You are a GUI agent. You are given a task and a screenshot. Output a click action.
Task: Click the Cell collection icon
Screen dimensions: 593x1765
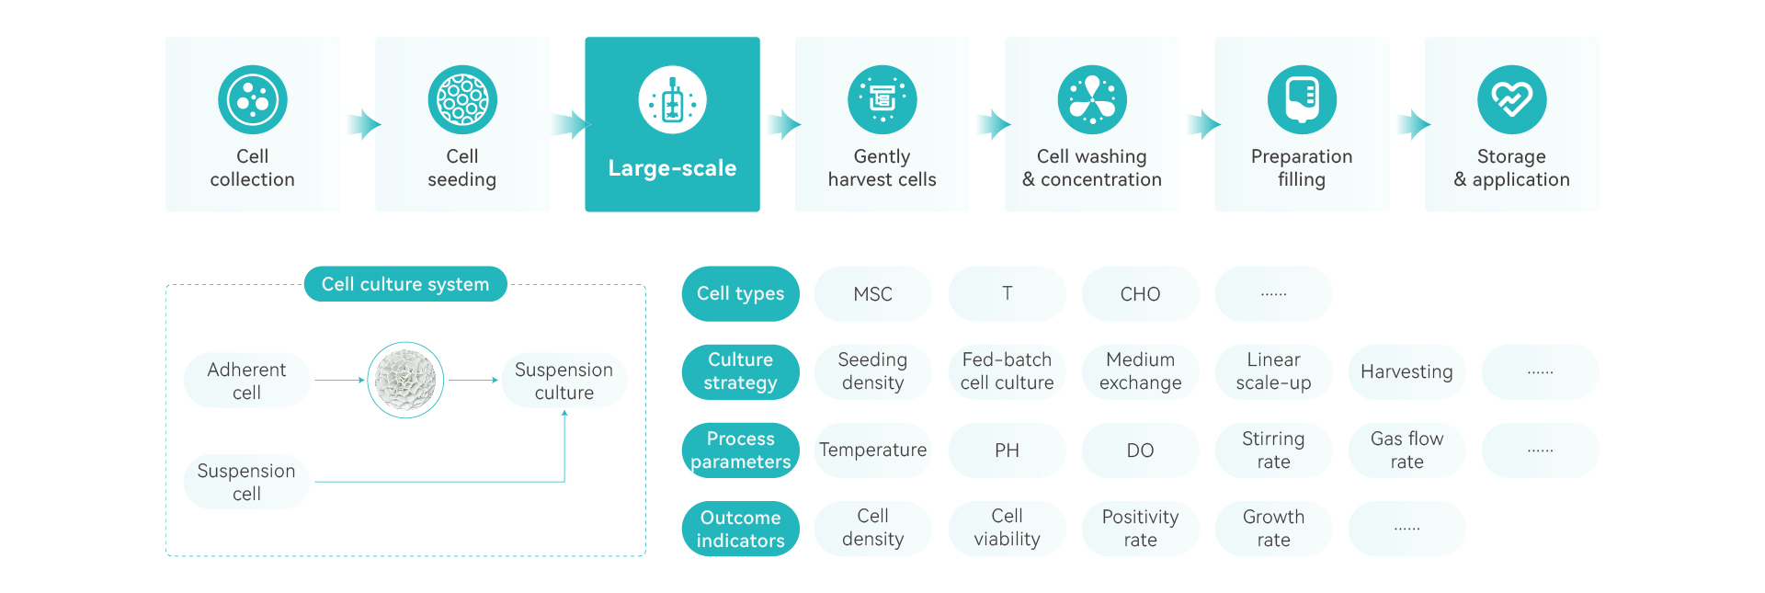[253, 99]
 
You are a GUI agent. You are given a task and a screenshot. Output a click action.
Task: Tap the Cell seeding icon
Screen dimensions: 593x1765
[462, 99]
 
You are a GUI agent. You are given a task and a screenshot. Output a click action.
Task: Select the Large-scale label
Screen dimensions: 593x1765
[672, 168]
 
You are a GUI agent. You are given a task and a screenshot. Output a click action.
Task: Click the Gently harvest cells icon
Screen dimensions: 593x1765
[882, 99]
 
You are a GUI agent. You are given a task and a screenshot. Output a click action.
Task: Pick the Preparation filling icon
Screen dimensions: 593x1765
[1302, 99]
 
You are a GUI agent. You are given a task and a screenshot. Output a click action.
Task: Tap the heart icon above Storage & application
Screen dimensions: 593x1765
[1511, 99]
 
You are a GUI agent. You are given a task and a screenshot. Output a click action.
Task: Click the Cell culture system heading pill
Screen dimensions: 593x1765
[405, 284]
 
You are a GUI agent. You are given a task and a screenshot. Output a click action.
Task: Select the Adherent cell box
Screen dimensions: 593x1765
[246, 381]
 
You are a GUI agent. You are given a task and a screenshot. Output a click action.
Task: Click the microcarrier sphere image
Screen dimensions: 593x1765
[405, 380]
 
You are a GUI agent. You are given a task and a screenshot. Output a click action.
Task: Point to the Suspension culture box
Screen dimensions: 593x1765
[564, 381]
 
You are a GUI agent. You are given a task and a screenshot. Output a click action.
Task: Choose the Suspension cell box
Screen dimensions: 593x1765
[246, 482]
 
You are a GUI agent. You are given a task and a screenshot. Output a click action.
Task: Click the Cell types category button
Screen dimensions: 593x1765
[740, 294]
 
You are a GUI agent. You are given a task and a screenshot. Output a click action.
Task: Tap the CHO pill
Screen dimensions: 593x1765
[1140, 294]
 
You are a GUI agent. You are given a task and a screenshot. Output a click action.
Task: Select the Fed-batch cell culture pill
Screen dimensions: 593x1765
[1007, 371]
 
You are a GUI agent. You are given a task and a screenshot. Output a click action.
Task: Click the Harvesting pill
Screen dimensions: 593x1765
[1406, 371]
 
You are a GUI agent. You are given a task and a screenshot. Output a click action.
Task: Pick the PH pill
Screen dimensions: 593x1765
[1007, 450]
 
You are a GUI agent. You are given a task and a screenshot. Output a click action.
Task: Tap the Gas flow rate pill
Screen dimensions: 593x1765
[1406, 450]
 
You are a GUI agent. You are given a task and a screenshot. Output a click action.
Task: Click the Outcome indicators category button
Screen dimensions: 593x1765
[740, 529]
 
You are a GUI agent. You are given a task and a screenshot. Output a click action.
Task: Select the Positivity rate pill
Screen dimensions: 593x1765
[1140, 529]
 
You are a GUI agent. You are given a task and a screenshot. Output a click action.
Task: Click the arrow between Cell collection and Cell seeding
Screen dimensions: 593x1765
[364, 124]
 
